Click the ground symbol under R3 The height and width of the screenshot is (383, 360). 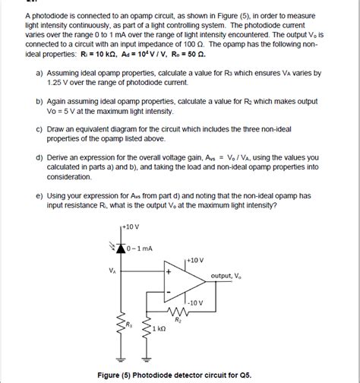pyautogui.click(x=120, y=362)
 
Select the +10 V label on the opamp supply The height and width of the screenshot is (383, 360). pyautogui.click(x=194, y=260)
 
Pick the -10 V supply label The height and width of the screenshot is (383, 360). pyautogui.click(x=196, y=302)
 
